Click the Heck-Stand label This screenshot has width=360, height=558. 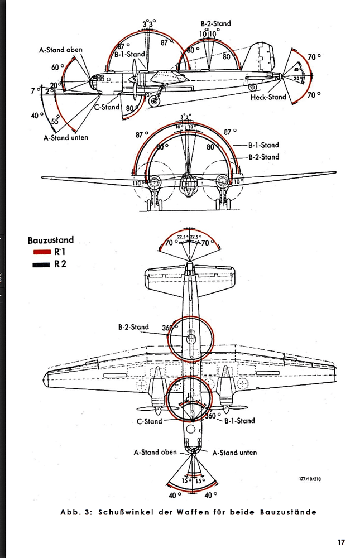pyautogui.click(x=267, y=97)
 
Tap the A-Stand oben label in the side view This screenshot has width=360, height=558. pyautogui.click(x=60, y=50)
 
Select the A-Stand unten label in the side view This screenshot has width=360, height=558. pyautogui.click(x=65, y=137)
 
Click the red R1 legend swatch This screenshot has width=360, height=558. pyautogui.click(x=42, y=252)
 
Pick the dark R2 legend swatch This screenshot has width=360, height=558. pyautogui.click(x=42, y=264)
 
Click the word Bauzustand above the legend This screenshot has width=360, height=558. pyautogui.click(x=50, y=240)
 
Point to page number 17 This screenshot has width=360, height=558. pyautogui.click(x=341, y=542)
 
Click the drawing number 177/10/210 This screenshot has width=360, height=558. pyautogui.click(x=310, y=478)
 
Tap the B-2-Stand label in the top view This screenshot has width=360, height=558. pyautogui.click(x=133, y=328)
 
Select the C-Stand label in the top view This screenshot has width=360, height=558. pyautogui.click(x=149, y=421)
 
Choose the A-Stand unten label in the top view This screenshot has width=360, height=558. pyautogui.click(x=234, y=453)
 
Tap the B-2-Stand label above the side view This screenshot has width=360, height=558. pyautogui.click(x=215, y=24)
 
